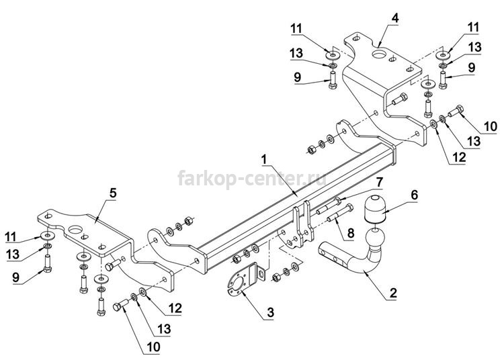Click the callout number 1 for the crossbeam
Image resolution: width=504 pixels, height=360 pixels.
click(x=264, y=159)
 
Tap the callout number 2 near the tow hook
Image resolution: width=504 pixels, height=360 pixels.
click(x=393, y=293)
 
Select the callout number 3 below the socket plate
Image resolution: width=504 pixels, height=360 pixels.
click(x=270, y=312)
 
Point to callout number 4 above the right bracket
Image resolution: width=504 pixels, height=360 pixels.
click(x=395, y=18)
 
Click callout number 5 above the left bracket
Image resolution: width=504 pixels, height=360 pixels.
click(x=113, y=193)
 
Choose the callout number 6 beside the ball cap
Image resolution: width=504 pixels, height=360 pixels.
click(x=415, y=195)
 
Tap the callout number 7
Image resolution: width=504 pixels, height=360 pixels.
click(x=380, y=182)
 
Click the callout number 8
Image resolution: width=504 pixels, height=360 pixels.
click(x=351, y=233)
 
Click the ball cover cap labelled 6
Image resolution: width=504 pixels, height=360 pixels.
click(x=375, y=209)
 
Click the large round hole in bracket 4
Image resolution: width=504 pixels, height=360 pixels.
click(x=380, y=54)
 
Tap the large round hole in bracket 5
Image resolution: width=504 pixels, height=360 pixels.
click(x=76, y=230)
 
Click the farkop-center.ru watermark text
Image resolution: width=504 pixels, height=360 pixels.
click(x=252, y=179)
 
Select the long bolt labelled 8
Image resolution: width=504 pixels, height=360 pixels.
click(x=340, y=213)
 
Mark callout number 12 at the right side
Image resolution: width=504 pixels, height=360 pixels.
click(x=458, y=157)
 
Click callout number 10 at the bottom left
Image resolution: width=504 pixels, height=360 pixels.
click(x=153, y=347)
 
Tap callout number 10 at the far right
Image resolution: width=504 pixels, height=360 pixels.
click(x=490, y=126)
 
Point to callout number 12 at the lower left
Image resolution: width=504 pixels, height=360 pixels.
click(x=175, y=308)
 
